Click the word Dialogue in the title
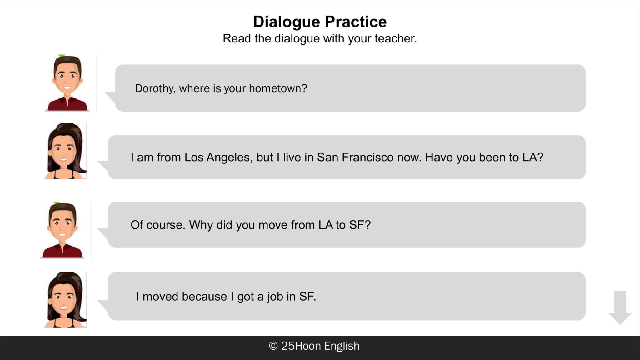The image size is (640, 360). coord(287,22)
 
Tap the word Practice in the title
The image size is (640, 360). coord(356,22)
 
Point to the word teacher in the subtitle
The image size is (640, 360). coord(396,38)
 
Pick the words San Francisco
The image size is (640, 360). coord(355,157)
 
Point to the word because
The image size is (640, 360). coord(204,297)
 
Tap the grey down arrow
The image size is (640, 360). coord(620,307)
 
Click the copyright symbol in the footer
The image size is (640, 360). coord(273,346)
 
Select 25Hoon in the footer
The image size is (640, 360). coord(301,346)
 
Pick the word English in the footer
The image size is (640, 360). coord(342,346)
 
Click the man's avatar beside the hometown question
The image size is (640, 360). coord(67,83)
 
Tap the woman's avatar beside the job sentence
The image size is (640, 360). coord(65,300)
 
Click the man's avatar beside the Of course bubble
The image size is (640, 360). coord(62,230)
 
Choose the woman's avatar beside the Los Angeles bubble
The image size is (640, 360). coord(65,151)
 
